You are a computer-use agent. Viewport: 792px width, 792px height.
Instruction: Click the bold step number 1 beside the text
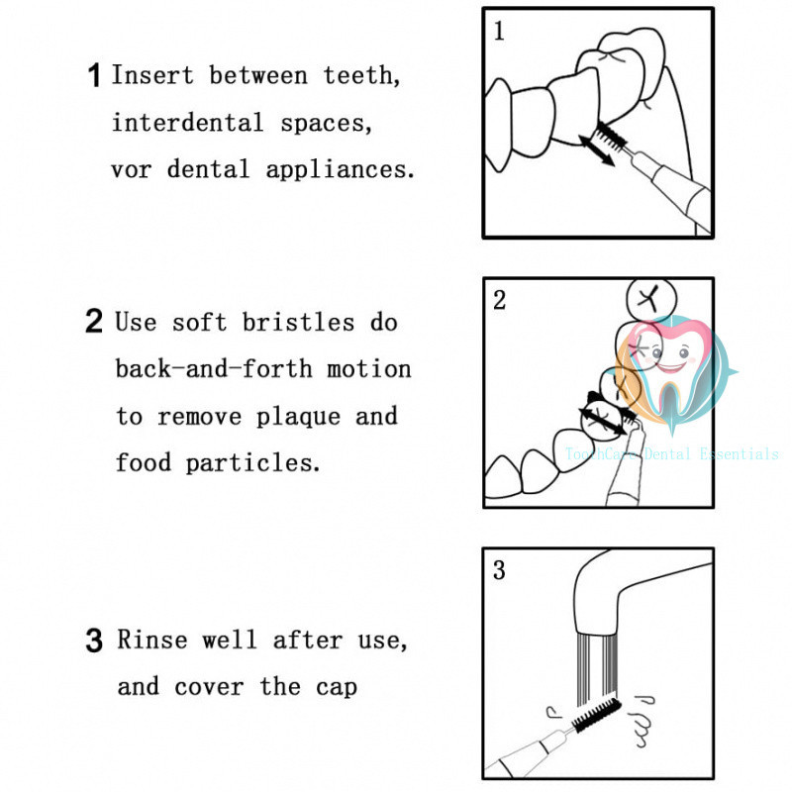click(x=94, y=75)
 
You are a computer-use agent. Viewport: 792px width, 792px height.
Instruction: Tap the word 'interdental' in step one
click(x=187, y=123)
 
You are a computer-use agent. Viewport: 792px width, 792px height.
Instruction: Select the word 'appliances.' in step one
click(x=341, y=170)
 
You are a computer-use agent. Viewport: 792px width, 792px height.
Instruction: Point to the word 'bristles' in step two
click(x=298, y=323)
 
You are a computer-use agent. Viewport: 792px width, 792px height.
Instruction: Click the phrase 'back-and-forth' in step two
click(x=214, y=368)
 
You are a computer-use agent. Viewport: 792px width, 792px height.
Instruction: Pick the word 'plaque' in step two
click(x=299, y=417)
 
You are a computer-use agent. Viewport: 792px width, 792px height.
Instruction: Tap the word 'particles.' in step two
click(x=253, y=463)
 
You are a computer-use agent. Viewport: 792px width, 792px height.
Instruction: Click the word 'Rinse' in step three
click(x=152, y=640)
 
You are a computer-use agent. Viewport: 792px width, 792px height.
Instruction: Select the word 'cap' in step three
click(x=337, y=688)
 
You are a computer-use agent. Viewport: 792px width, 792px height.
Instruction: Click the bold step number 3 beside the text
click(x=94, y=641)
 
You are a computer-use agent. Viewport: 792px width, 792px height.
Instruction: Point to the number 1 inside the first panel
click(x=499, y=31)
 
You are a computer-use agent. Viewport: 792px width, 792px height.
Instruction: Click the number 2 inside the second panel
click(x=499, y=300)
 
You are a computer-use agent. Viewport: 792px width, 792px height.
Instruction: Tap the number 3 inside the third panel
click(x=499, y=570)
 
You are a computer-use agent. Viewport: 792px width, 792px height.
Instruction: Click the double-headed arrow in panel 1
click(x=596, y=149)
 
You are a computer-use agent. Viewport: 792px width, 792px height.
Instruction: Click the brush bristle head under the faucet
click(x=596, y=714)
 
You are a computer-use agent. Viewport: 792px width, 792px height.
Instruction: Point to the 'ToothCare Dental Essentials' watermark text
click(x=672, y=454)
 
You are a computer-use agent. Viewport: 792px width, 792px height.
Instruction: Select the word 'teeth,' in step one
click(x=361, y=76)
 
